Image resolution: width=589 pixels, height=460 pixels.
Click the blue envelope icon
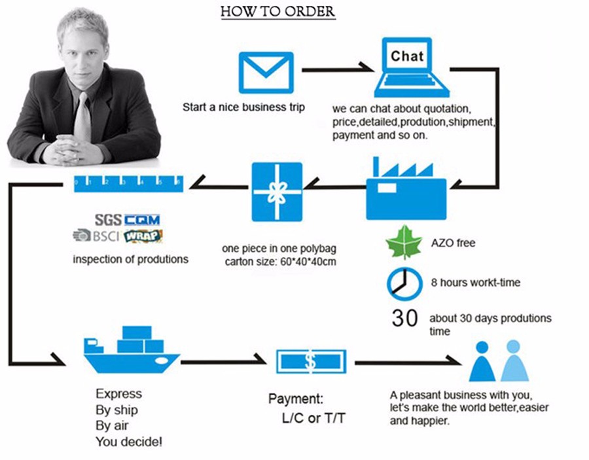(265, 73)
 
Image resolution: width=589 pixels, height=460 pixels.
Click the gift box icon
(277, 191)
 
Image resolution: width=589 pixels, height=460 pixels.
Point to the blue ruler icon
(128, 183)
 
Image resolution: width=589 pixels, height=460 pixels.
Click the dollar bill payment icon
(310, 361)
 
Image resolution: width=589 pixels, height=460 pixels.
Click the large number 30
(404, 318)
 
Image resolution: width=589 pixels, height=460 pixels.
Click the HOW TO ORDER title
(278, 12)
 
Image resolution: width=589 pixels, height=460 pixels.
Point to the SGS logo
(108, 220)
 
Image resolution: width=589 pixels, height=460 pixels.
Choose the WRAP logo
(143, 236)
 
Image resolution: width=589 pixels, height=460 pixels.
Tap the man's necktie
(82, 118)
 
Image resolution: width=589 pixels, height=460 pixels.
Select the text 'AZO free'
(453, 243)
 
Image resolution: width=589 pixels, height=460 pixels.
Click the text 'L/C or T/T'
(313, 418)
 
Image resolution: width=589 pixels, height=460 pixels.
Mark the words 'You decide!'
(129, 442)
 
